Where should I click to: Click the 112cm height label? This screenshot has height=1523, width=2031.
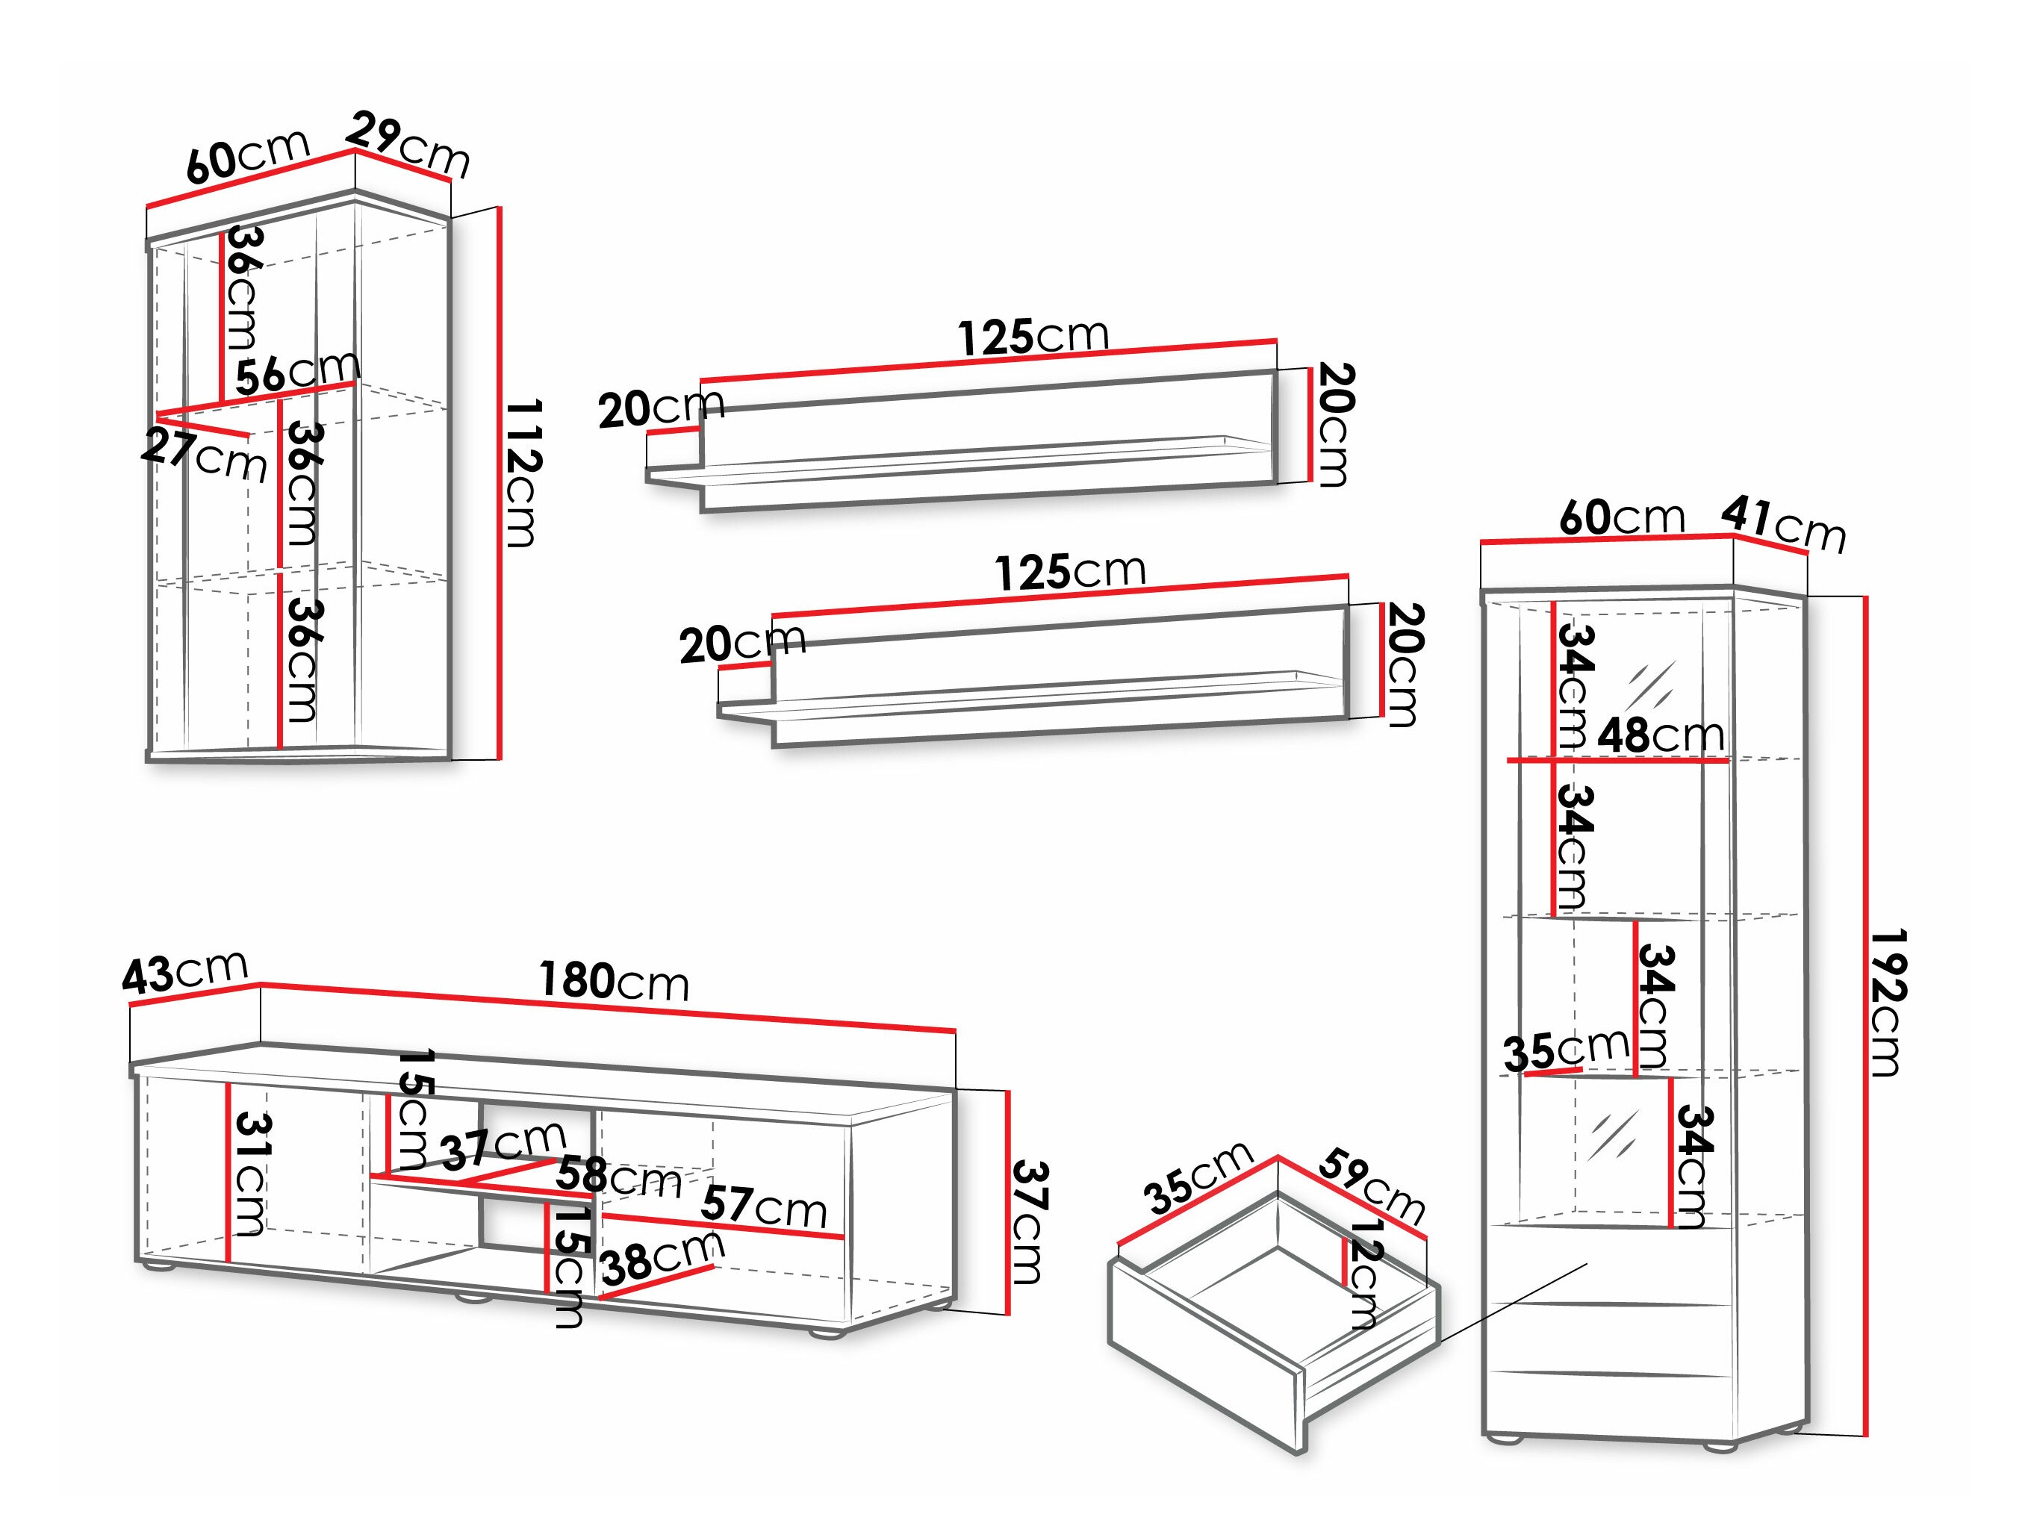[x=523, y=472]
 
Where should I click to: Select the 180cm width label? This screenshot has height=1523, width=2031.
[x=613, y=980]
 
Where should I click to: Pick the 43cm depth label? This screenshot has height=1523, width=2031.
[x=184, y=972]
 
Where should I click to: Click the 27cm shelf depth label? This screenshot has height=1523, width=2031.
[x=204, y=455]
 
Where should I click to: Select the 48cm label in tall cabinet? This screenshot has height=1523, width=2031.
[x=1660, y=735]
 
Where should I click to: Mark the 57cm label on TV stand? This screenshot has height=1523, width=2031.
[x=763, y=1206]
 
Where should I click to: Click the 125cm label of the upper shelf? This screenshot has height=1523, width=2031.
[x=1034, y=337]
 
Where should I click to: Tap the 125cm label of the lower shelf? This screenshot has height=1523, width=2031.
[x=1071, y=573]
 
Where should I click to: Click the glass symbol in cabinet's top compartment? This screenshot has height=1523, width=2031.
[x=1652, y=685]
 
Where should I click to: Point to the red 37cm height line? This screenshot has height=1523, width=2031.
[x=1008, y=1203]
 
